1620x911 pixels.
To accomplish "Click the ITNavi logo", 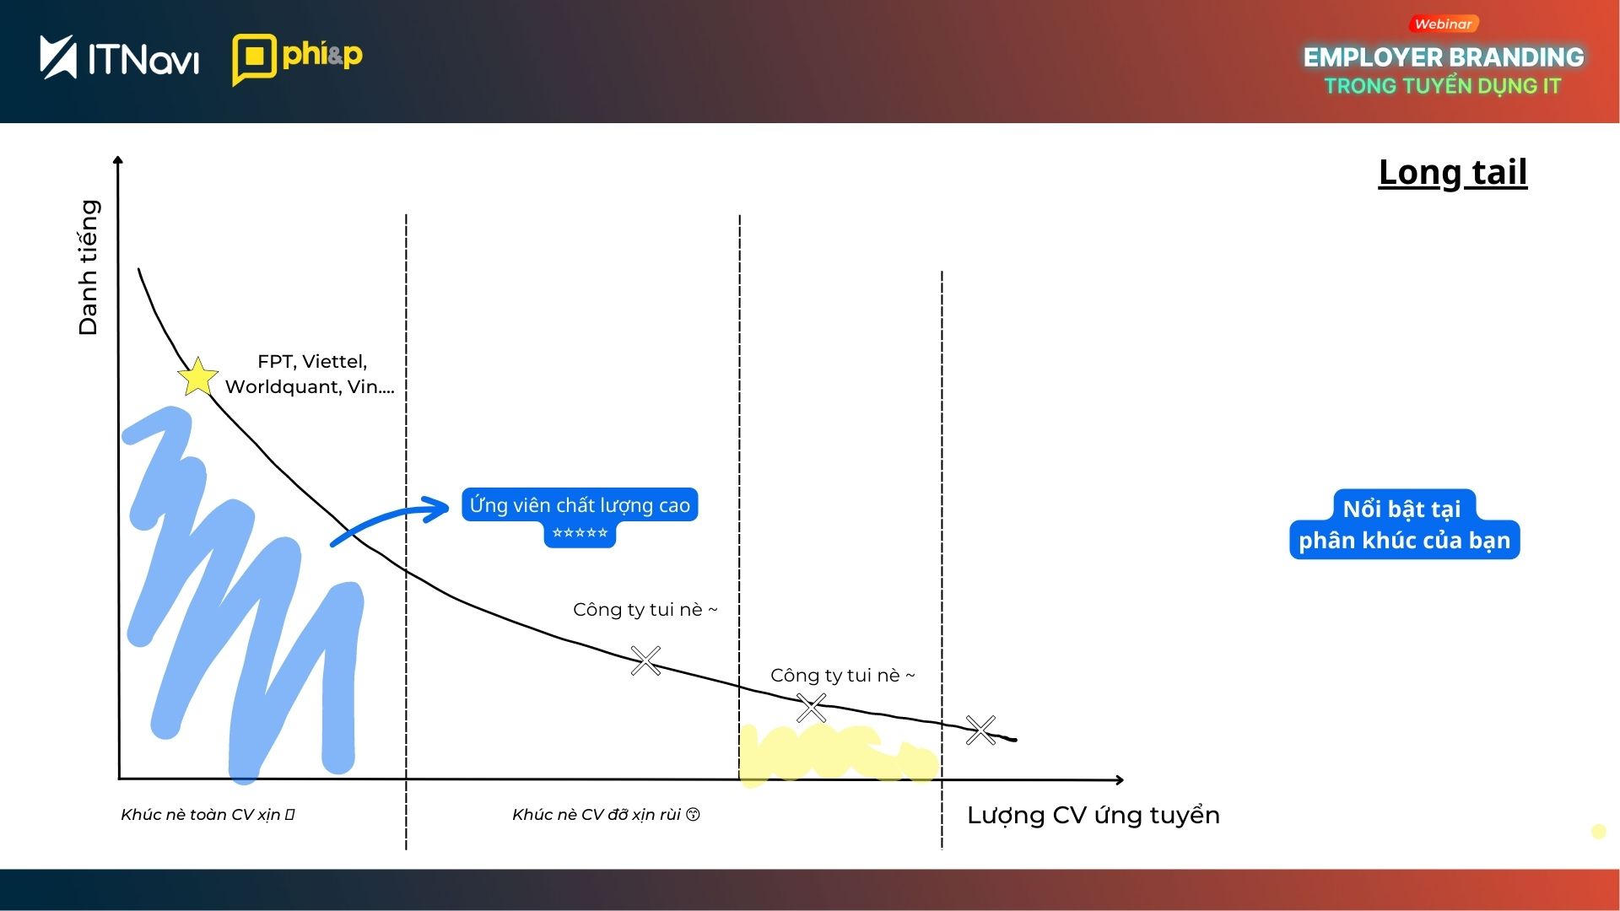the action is (119, 57).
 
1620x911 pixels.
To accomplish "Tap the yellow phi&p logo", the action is (297, 59).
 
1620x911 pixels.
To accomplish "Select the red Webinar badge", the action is (1443, 24).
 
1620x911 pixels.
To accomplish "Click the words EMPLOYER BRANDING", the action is (1444, 57).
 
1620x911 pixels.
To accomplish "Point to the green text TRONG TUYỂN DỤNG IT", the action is (1443, 86).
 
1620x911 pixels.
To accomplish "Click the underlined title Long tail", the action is (1453, 172).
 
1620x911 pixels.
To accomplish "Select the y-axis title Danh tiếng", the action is (88, 267).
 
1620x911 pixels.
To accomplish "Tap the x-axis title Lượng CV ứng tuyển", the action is (1093, 816).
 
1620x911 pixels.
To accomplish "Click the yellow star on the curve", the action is (198, 376).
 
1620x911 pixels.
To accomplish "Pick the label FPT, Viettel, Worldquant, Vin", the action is (310, 374).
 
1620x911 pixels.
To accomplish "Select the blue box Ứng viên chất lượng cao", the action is (580, 505).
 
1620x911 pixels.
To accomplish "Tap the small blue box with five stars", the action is (580, 533).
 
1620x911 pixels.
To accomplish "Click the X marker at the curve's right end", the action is (980, 730).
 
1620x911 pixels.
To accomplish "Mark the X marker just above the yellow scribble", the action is (812, 709).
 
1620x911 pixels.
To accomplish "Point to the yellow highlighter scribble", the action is (838, 753).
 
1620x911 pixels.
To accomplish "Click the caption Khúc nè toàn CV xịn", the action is (208, 815).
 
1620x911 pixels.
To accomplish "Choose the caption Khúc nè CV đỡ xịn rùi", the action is (606, 815).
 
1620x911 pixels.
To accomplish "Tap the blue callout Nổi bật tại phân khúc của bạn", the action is (1404, 524).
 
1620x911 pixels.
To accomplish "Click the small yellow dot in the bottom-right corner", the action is (1598, 832).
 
